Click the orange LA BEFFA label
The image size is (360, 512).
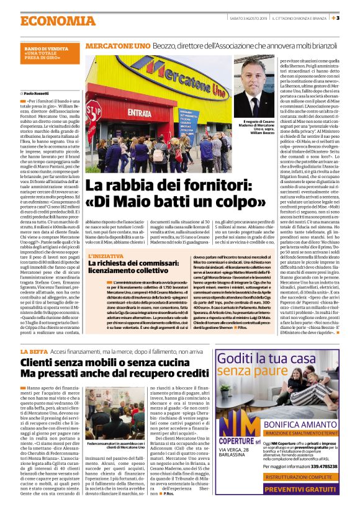click(x=33, y=352)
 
